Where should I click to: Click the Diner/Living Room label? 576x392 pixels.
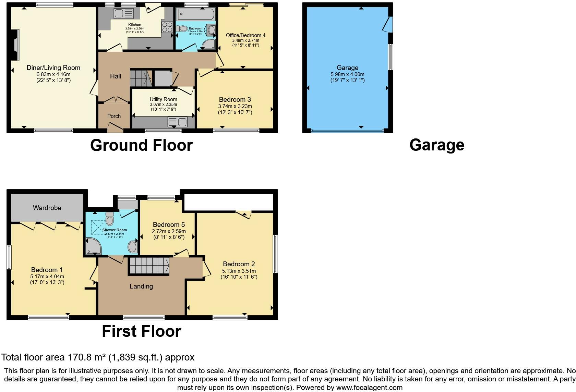(x=53, y=68)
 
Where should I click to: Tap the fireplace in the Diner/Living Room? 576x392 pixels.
(x=15, y=45)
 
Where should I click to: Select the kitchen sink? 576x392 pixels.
(x=123, y=14)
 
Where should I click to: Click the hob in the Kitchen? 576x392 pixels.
(x=167, y=27)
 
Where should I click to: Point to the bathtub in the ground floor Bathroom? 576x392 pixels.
(x=195, y=14)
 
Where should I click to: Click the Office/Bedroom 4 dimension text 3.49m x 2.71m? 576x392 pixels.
(x=245, y=40)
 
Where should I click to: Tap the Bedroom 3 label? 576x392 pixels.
(x=235, y=100)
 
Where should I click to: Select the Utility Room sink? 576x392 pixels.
(x=177, y=122)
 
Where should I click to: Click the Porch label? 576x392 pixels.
(x=114, y=116)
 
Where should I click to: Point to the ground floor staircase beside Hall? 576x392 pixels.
(x=141, y=78)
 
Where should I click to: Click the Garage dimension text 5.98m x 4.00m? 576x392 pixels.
(x=347, y=74)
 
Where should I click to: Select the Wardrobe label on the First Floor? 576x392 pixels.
(x=47, y=208)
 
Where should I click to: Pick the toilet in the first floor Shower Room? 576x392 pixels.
(x=110, y=218)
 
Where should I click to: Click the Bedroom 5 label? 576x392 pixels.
(x=169, y=225)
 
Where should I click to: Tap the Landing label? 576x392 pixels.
(x=141, y=286)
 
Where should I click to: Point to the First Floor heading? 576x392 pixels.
(x=141, y=332)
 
